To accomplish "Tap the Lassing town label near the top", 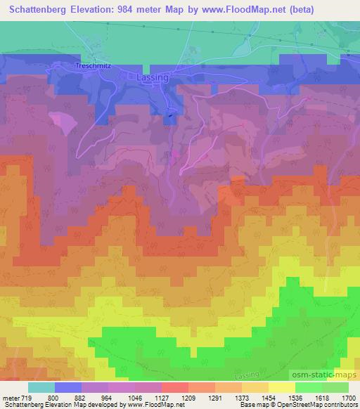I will pos(153,78).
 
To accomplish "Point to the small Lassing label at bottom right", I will pos(266,378).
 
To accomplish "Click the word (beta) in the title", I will pos(300,9).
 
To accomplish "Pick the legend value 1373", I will pos(242,397).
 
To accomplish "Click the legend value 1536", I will pos(299,397).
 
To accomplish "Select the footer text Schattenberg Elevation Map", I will pos(41,405).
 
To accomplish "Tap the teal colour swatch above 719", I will pos(41,387).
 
